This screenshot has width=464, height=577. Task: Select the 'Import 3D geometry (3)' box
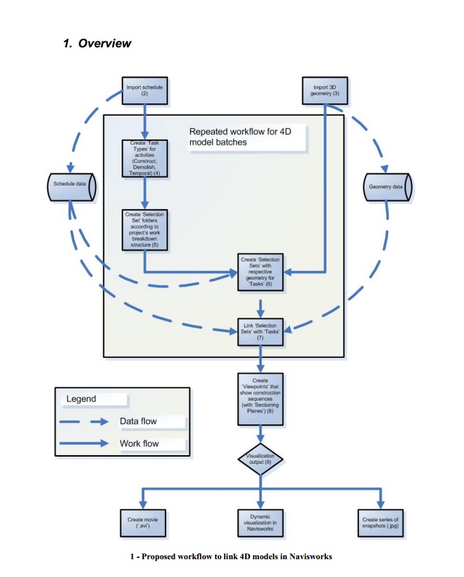coord(327,91)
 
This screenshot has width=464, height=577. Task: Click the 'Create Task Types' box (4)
coord(144,159)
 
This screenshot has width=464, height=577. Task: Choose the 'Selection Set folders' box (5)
coord(144,230)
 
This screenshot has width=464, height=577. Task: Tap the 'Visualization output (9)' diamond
coord(260,458)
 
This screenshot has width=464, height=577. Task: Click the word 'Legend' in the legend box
coord(81,399)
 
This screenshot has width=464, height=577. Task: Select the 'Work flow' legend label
coord(139,443)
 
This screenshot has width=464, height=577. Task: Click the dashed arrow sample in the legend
coord(83,422)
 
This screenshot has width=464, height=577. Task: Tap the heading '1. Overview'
coord(97,43)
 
